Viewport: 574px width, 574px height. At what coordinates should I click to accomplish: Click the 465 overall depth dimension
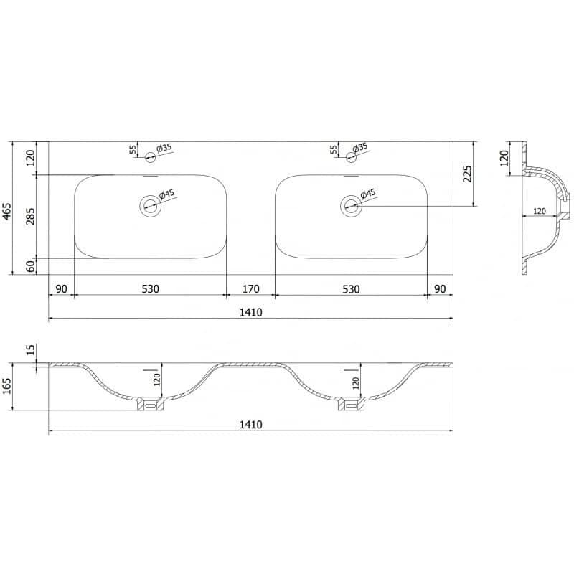tap(8, 211)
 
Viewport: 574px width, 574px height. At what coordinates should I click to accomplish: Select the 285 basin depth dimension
tap(31, 216)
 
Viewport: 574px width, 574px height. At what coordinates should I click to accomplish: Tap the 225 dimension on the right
tap(468, 174)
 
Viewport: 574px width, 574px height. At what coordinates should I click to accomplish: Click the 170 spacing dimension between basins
tap(250, 289)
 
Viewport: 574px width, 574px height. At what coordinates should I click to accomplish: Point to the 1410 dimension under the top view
tap(250, 312)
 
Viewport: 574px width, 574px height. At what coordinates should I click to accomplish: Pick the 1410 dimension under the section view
tap(250, 425)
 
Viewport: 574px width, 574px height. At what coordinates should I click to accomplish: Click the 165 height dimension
tap(8, 386)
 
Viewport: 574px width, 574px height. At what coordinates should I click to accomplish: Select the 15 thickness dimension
tap(31, 349)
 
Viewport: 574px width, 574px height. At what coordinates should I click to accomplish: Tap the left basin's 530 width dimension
tap(150, 289)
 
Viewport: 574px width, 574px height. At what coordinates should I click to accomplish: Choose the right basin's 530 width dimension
tap(351, 289)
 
